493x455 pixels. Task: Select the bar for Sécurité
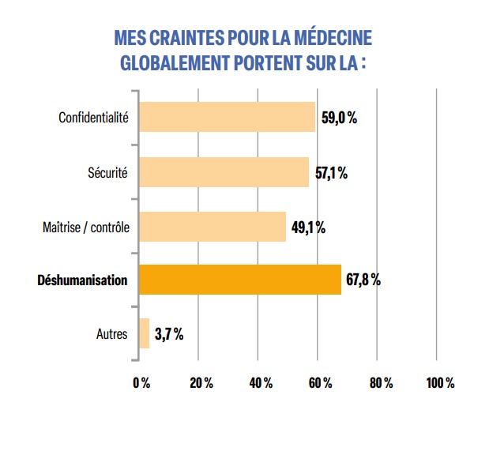click(224, 171)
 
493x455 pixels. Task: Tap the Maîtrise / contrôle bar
click(212, 226)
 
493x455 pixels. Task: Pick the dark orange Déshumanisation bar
click(240, 280)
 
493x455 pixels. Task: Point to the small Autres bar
click(144, 333)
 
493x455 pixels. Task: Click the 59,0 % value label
click(340, 118)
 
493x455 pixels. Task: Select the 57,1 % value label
click(332, 172)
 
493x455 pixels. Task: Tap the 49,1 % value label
click(309, 227)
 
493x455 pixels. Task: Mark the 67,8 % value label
click(363, 280)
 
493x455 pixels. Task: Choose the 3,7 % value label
click(169, 334)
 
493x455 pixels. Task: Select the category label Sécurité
click(107, 172)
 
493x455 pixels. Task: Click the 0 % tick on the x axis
click(141, 383)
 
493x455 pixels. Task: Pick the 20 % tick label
click(201, 383)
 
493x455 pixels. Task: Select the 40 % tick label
click(261, 383)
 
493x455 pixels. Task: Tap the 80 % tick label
click(380, 383)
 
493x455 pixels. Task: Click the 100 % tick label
click(440, 383)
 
